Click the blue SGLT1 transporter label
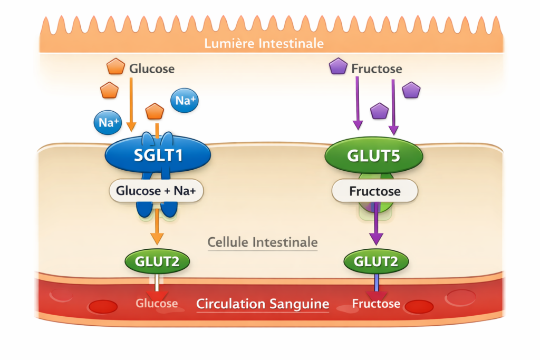(158, 155)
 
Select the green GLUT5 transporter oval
(373, 155)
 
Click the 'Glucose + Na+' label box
(157, 191)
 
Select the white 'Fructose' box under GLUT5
(374, 191)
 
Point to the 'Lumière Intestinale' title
(264, 43)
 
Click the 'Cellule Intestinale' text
(263, 242)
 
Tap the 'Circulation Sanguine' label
(263, 304)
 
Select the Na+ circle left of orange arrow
(108, 123)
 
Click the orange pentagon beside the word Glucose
(115, 67)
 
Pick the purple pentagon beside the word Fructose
(338, 67)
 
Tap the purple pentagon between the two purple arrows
(379, 111)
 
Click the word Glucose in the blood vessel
(157, 304)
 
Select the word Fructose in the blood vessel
(375, 304)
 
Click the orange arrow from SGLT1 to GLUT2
(157, 229)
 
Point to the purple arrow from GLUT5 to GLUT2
(375, 227)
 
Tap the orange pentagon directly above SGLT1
(155, 111)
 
